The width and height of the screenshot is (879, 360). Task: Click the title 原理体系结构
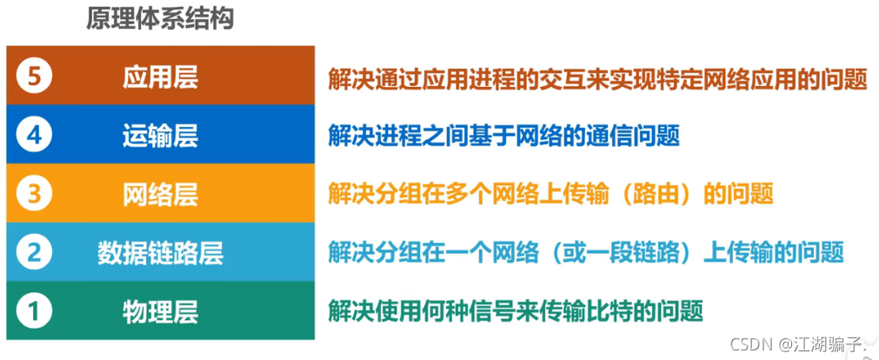click(160, 18)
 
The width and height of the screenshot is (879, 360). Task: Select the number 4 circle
click(34, 136)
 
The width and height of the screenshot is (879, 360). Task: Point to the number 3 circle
click(34, 194)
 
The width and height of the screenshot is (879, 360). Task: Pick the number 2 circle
click(34, 252)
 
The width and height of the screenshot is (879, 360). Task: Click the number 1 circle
click(34, 310)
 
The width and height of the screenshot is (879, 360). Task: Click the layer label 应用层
click(160, 77)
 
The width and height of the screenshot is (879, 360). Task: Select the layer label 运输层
click(160, 136)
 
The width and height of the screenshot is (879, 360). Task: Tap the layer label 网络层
click(160, 194)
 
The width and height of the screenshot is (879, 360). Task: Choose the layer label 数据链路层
click(160, 252)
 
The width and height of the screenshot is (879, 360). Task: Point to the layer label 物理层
click(160, 310)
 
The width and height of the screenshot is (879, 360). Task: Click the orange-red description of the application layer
click(597, 79)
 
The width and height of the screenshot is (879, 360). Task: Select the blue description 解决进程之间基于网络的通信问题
click(503, 137)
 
